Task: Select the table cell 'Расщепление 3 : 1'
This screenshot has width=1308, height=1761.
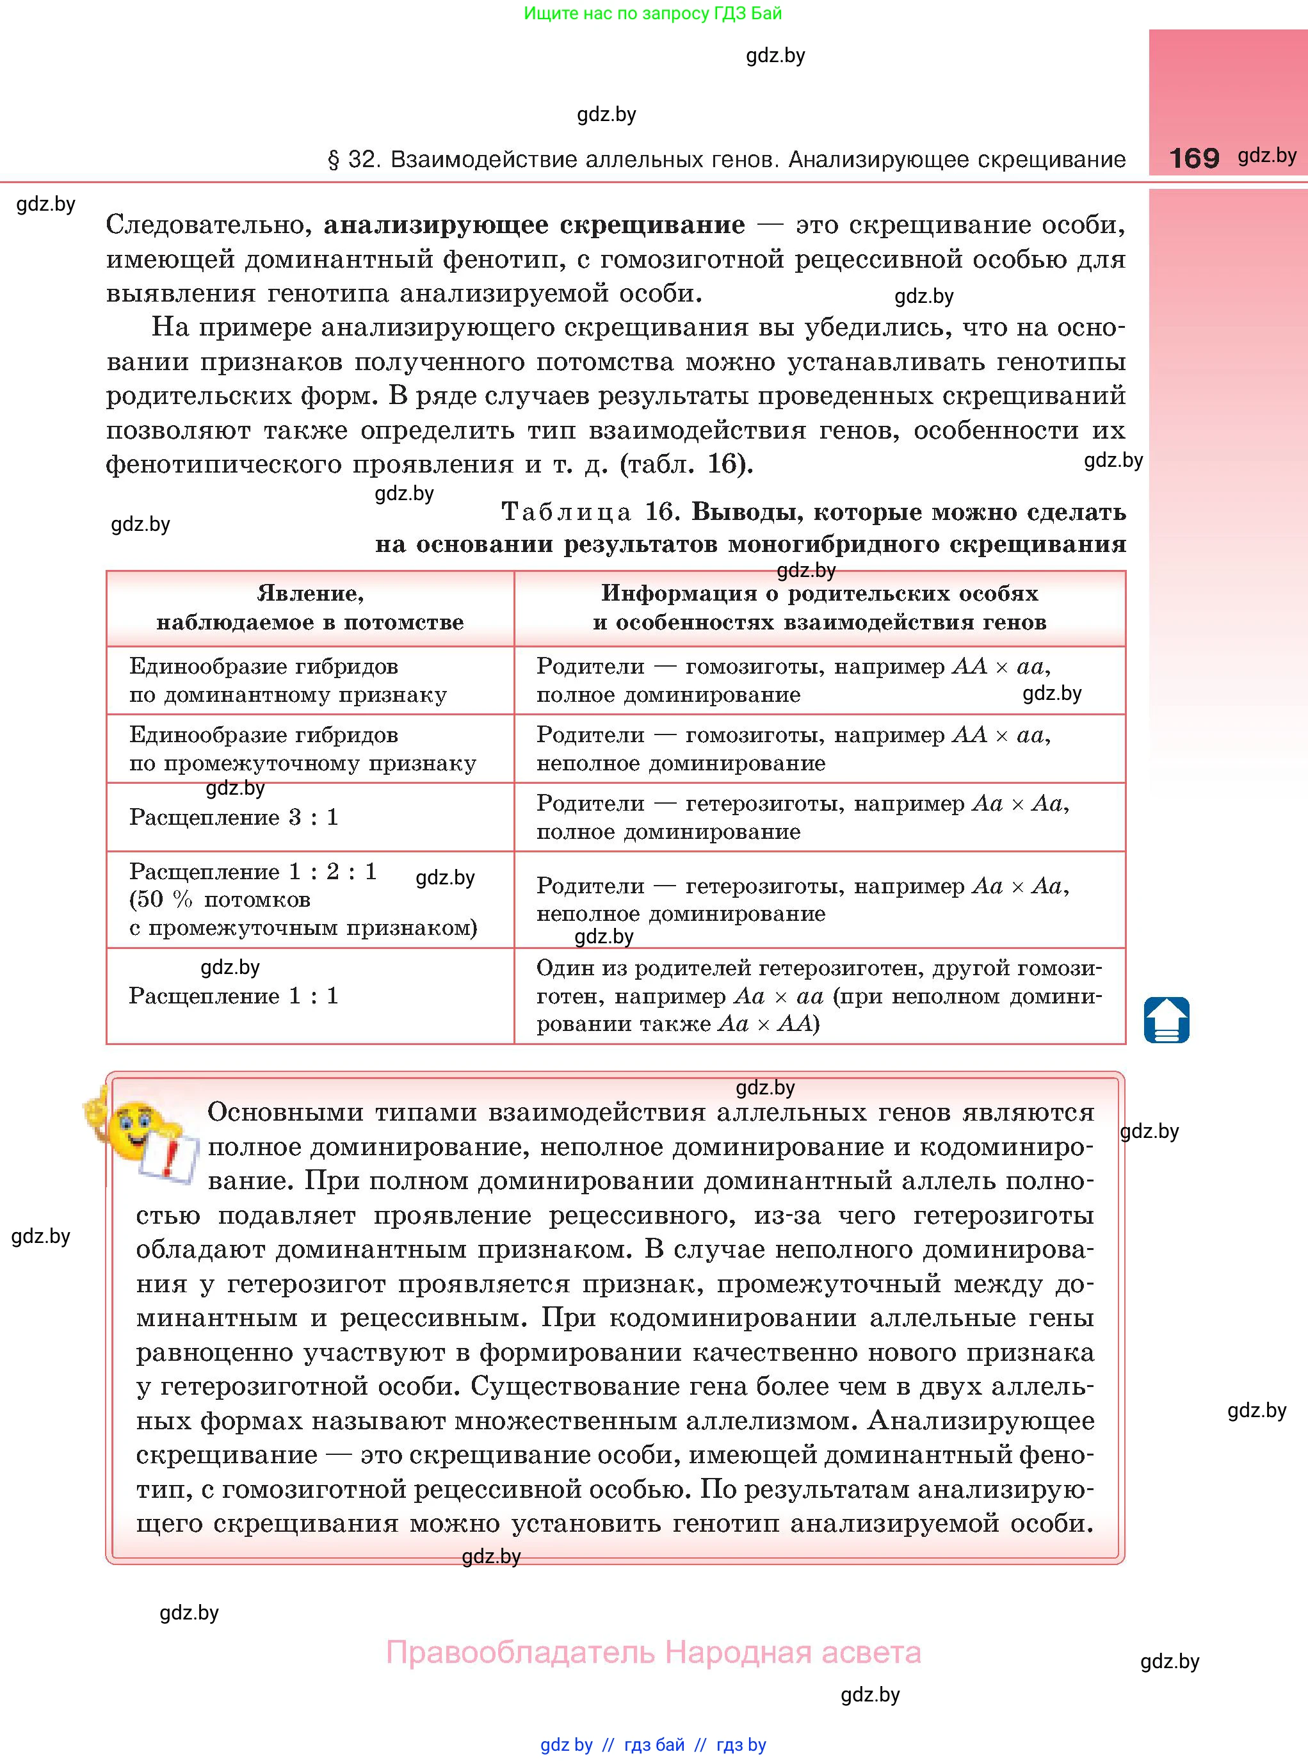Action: click(x=234, y=817)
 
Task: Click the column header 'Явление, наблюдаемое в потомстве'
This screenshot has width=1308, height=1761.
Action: click(x=310, y=607)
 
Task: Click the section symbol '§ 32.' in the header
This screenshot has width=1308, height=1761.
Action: click(x=355, y=160)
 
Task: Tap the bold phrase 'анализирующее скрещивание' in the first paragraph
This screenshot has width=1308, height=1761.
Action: click(x=534, y=225)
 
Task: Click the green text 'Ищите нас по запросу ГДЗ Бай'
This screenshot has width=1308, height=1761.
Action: click(x=652, y=13)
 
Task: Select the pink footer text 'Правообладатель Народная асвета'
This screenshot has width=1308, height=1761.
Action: click(x=653, y=1653)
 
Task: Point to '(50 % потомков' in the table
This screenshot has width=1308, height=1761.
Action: click(x=220, y=900)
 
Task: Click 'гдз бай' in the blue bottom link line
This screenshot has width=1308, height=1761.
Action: click(x=654, y=1744)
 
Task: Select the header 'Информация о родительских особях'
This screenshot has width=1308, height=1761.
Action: click(x=820, y=593)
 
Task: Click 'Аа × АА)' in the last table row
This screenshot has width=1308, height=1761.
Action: click(x=769, y=1024)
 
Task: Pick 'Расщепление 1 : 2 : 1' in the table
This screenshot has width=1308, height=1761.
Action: click(x=253, y=872)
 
